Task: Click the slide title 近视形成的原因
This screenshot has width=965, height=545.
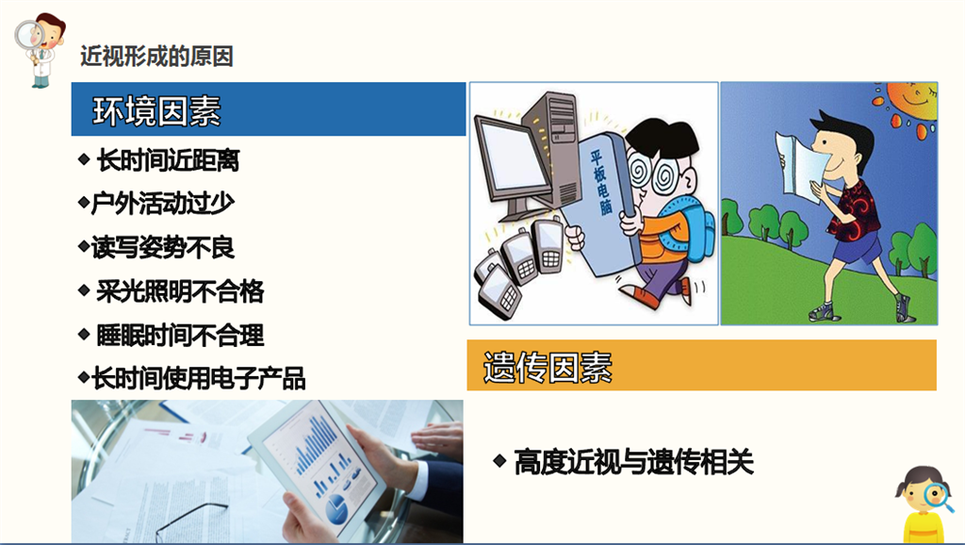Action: (157, 57)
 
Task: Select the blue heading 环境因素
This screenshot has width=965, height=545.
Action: (156, 111)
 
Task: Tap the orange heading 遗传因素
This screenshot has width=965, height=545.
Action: (548, 367)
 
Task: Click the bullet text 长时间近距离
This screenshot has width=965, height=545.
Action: (168, 160)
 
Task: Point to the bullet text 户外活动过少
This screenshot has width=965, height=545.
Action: (162, 204)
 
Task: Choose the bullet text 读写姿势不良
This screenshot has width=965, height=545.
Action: (162, 248)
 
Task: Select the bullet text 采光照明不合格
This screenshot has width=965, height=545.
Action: (180, 291)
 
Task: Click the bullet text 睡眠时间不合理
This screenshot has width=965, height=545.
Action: (180, 336)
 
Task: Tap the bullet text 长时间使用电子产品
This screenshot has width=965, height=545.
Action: (198, 378)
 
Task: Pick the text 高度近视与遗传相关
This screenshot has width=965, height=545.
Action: (634, 462)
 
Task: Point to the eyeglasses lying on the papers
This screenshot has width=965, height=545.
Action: (190, 523)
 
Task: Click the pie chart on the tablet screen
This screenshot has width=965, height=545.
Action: (336, 507)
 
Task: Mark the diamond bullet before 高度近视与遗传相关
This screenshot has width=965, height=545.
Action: (499, 461)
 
